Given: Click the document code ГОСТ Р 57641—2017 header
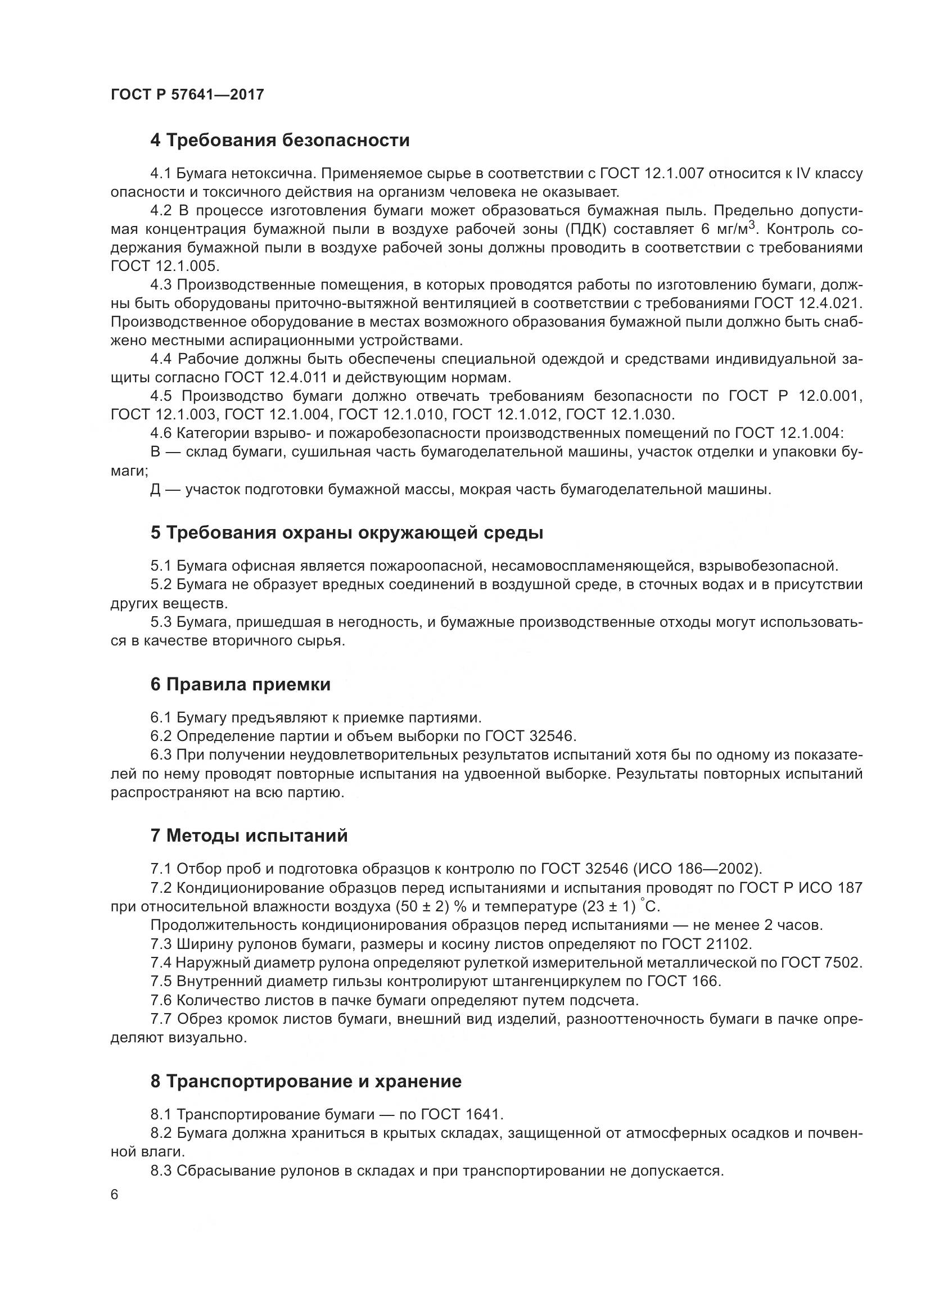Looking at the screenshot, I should click(187, 94).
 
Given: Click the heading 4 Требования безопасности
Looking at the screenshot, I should click(279, 141).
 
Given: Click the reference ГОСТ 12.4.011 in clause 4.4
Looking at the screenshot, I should click(276, 378).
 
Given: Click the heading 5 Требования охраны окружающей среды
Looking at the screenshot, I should click(346, 532).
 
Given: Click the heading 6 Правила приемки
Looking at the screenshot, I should click(240, 684).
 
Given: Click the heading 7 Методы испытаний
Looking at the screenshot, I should click(249, 835).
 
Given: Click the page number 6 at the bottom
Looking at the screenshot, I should click(115, 1195).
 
